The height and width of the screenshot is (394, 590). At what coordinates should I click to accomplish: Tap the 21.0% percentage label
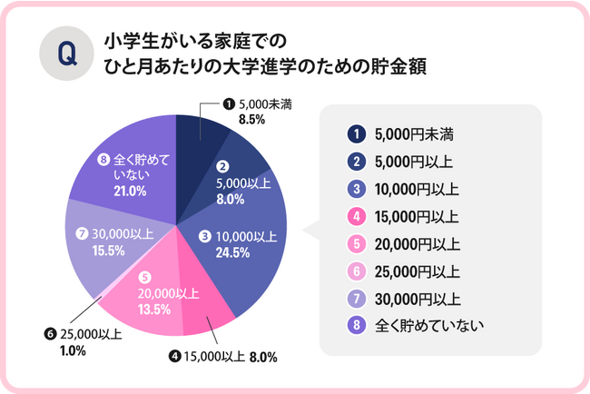(131, 192)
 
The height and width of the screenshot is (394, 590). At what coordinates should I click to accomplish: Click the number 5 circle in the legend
(357, 244)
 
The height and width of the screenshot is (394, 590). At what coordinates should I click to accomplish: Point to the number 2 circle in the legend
(357, 162)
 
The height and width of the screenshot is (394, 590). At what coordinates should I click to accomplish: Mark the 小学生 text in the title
(132, 41)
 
